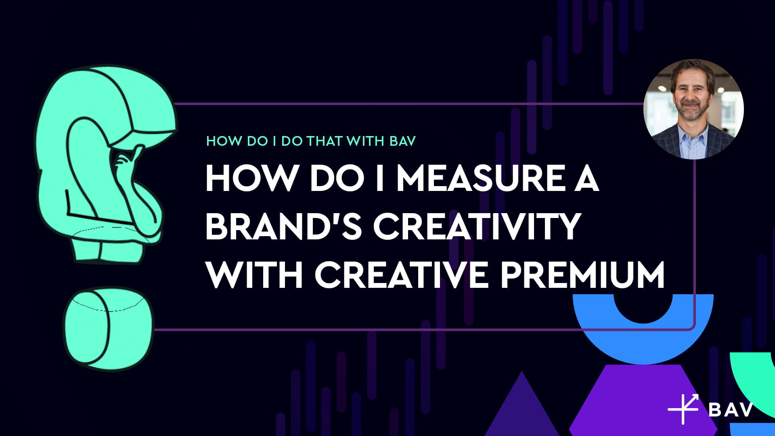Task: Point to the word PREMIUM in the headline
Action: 582,275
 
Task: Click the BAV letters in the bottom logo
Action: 731,409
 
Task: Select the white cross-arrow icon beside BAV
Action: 683,409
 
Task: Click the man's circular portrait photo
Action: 693,109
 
